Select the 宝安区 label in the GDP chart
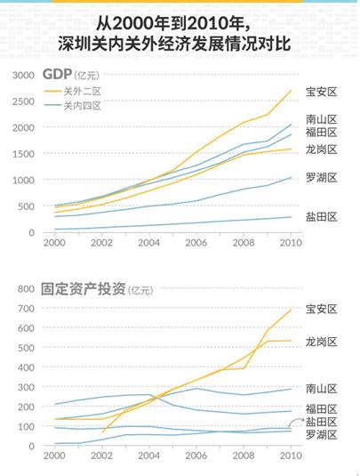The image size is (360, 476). click(x=321, y=91)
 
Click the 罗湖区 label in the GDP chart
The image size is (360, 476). click(x=321, y=177)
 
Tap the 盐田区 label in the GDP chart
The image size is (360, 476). click(x=321, y=216)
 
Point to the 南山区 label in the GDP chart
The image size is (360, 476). click(x=321, y=117)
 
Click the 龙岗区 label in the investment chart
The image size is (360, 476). click(x=321, y=341)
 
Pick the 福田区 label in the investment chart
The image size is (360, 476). click(x=321, y=408)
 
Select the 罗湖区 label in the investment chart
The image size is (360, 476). click(x=321, y=433)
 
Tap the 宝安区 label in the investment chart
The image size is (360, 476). click(x=321, y=309)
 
